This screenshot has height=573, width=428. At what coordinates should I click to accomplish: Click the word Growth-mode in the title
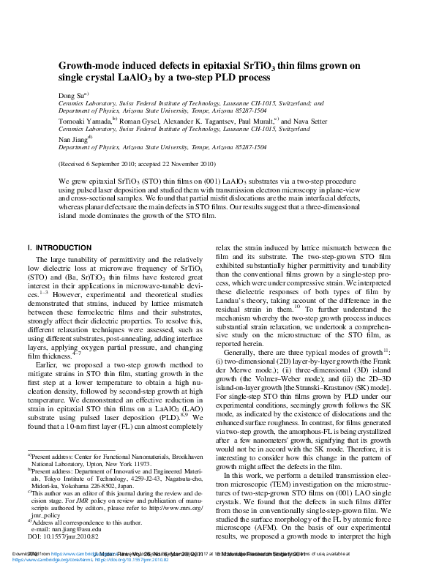[x=86, y=66]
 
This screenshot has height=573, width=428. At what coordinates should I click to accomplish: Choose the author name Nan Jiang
[x=72, y=138]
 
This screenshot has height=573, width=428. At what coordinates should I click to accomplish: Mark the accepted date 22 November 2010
[x=189, y=165]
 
